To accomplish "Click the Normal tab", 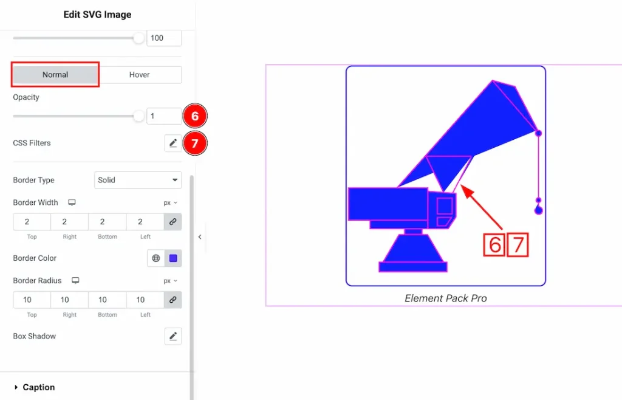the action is [55, 75].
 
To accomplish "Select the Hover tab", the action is [140, 75].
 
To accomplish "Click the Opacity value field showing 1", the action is [164, 116].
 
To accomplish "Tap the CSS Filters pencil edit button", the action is [173, 143].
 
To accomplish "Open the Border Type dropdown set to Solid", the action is [138, 180].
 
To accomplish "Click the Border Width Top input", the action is [32, 222].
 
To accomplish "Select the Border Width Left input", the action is [145, 222].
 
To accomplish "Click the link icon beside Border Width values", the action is [173, 222].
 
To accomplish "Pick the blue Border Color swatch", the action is [173, 258].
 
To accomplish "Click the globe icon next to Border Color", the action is [156, 258].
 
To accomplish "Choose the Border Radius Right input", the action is [69, 300].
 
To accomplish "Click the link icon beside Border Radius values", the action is [173, 300].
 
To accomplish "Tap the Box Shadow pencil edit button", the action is [173, 337].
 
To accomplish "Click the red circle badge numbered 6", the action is [195, 116].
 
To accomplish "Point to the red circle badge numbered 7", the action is [195, 143].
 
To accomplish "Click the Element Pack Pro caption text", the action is [445, 298].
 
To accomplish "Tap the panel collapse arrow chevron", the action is [200, 237].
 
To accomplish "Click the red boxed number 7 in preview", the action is [518, 245].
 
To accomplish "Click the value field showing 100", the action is [164, 38].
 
